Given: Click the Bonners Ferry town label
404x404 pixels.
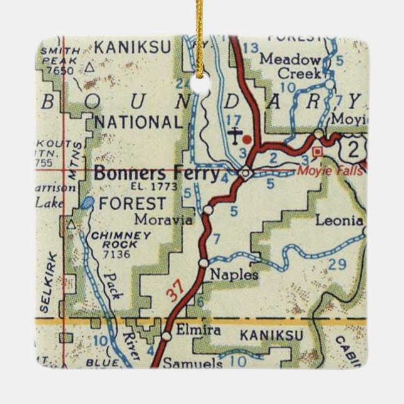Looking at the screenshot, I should click(x=157, y=173).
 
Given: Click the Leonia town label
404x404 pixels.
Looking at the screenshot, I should click(x=339, y=221).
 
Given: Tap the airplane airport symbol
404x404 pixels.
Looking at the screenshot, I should click(x=235, y=134).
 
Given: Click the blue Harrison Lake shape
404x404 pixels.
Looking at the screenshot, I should click(x=88, y=202).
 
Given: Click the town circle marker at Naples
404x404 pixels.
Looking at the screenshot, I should click(x=203, y=262).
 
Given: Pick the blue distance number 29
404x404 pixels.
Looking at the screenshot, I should click(x=338, y=265).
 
